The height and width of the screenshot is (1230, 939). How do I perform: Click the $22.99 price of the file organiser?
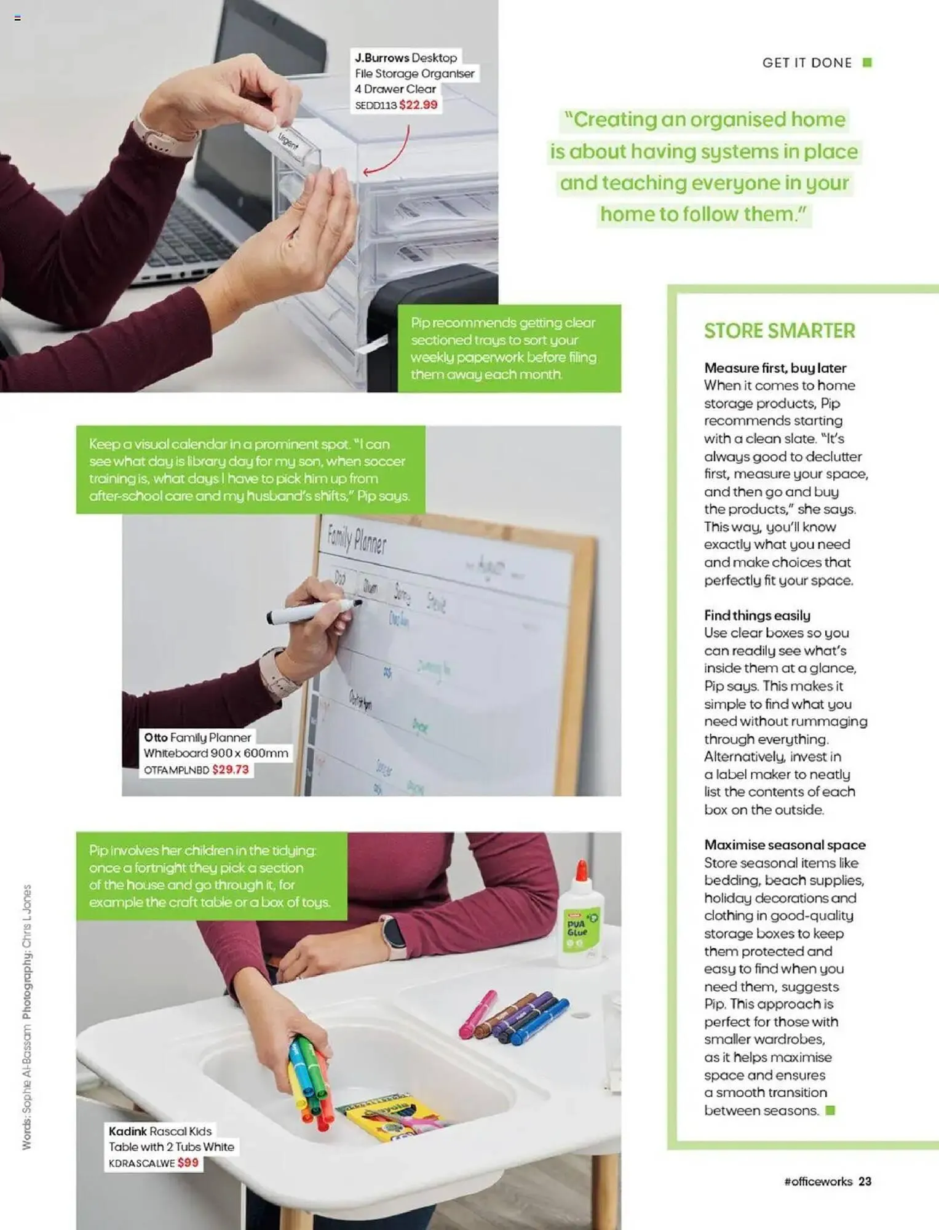pyautogui.click(x=418, y=105)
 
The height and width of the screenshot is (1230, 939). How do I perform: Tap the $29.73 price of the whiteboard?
pyautogui.click(x=231, y=769)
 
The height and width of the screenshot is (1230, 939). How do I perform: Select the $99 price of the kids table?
pyautogui.click(x=188, y=1162)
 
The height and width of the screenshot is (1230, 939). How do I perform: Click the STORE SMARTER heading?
pyautogui.click(x=779, y=331)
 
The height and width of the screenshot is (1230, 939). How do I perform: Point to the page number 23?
pyautogui.click(x=865, y=1181)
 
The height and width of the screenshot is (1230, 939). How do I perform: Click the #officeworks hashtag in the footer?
pyautogui.click(x=818, y=1181)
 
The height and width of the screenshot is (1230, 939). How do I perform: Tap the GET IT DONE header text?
pyautogui.click(x=807, y=63)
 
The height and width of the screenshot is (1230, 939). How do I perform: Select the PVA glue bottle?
pyautogui.click(x=580, y=916)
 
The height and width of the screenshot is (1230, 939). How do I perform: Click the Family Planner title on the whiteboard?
pyautogui.click(x=357, y=539)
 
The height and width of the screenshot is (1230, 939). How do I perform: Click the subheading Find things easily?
pyautogui.click(x=757, y=615)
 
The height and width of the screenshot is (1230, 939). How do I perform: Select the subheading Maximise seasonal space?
pyautogui.click(x=785, y=844)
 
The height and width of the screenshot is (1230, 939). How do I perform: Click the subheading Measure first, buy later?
pyautogui.click(x=775, y=368)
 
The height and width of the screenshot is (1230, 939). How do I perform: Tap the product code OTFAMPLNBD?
pyautogui.click(x=176, y=770)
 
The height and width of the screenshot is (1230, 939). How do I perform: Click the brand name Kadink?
pyautogui.click(x=127, y=1131)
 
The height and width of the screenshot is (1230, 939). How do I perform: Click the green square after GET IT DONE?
pyautogui.click(x=867, y=63)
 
